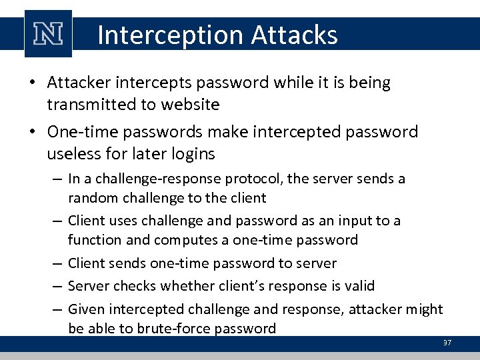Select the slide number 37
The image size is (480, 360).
tap(447, 343)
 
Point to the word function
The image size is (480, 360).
tap(93, 239)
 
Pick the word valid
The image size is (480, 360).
tap(361, 286)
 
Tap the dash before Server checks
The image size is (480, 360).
tap(57, 286)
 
